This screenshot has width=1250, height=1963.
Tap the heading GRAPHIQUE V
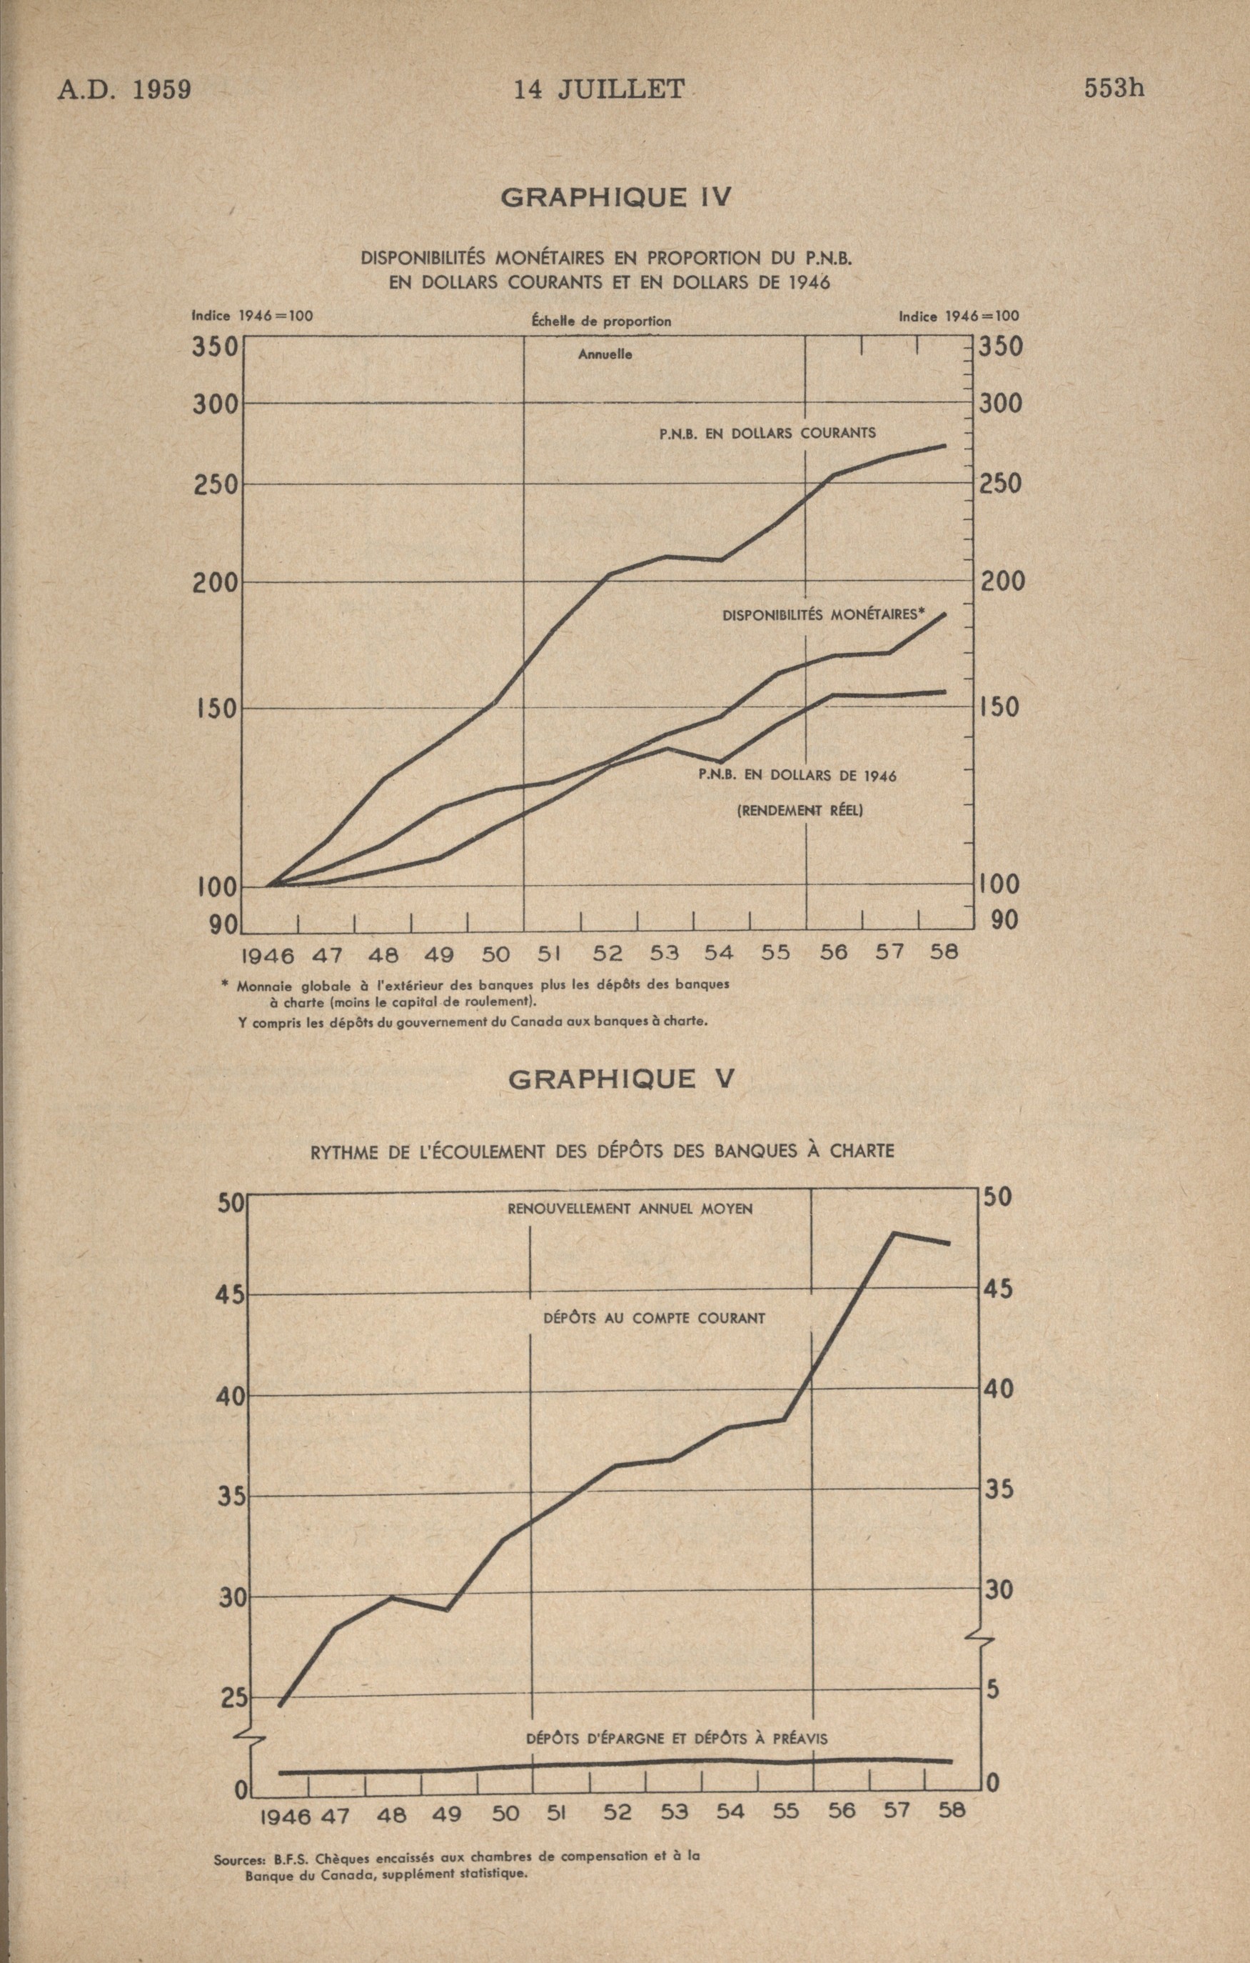(621, 1079)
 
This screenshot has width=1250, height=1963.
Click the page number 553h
(1114, 88)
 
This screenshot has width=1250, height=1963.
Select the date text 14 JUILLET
(599, 89)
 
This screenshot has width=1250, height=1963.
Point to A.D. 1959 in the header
(124, 89)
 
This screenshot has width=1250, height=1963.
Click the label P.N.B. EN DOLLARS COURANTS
(767, 434)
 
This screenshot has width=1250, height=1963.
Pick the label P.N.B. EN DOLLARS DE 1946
(797, 775)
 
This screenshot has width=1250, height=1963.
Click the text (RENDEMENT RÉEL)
(800, 810)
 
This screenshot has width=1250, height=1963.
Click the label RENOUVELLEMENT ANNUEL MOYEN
(630, 1209)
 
